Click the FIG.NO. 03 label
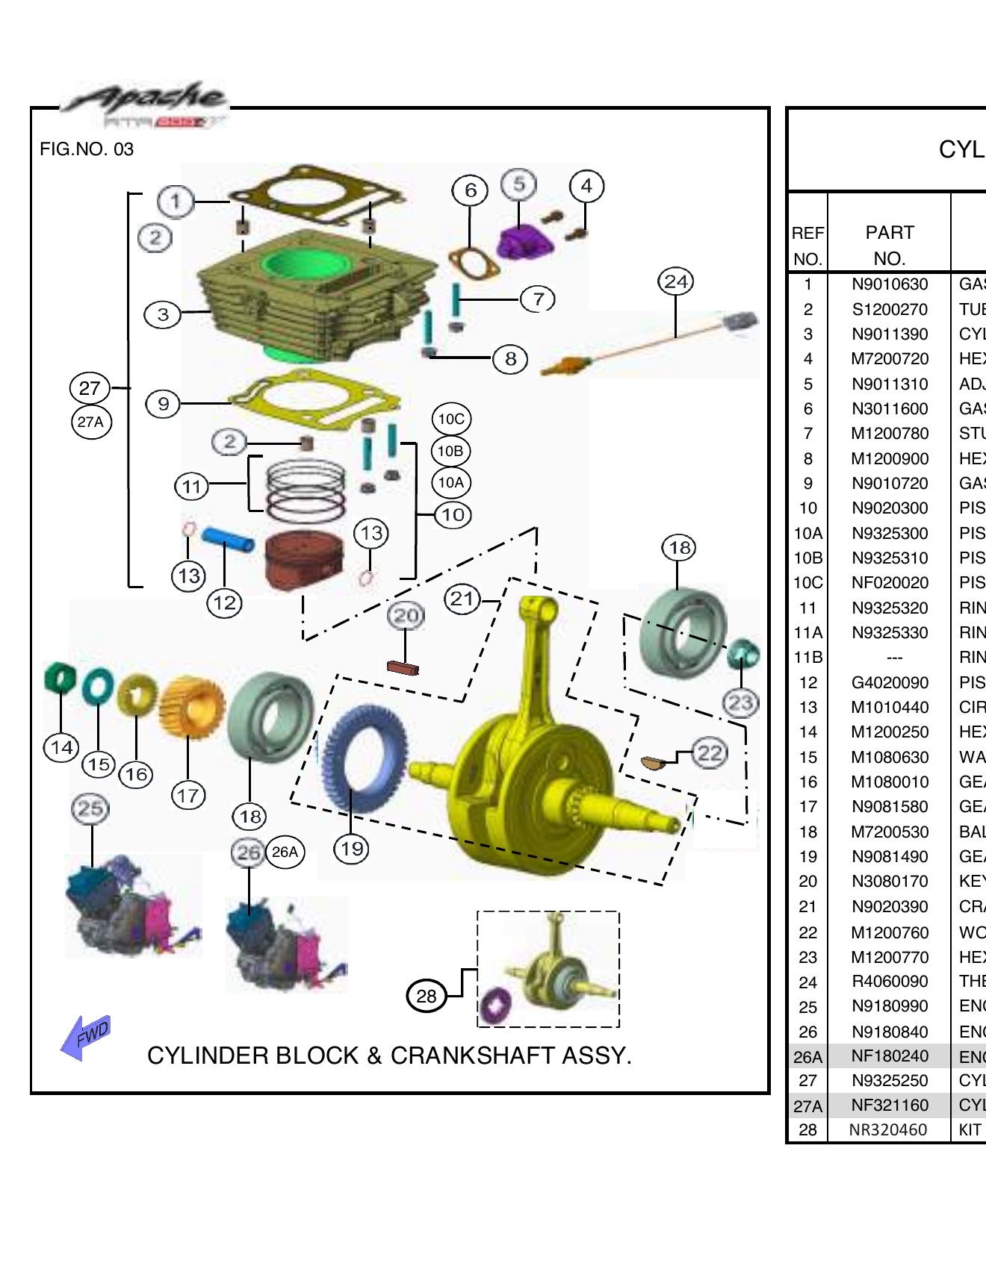pos(87,149)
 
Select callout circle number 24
pos(675,281)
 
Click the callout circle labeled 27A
pos(91,422)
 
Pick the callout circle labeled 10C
pos(451,419)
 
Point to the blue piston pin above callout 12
pos(227,539)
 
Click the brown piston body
pos(305,559)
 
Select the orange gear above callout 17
pos(193,706)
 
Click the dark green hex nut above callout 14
pos(60,678)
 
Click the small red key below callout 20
pos(403,667)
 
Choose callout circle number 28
pos(426,996)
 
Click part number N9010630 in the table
pos(889,284)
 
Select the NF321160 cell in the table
pos(889,1106)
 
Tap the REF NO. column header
pos(807,245)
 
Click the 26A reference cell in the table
pos(807,1057)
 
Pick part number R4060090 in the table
pos(889,982)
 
